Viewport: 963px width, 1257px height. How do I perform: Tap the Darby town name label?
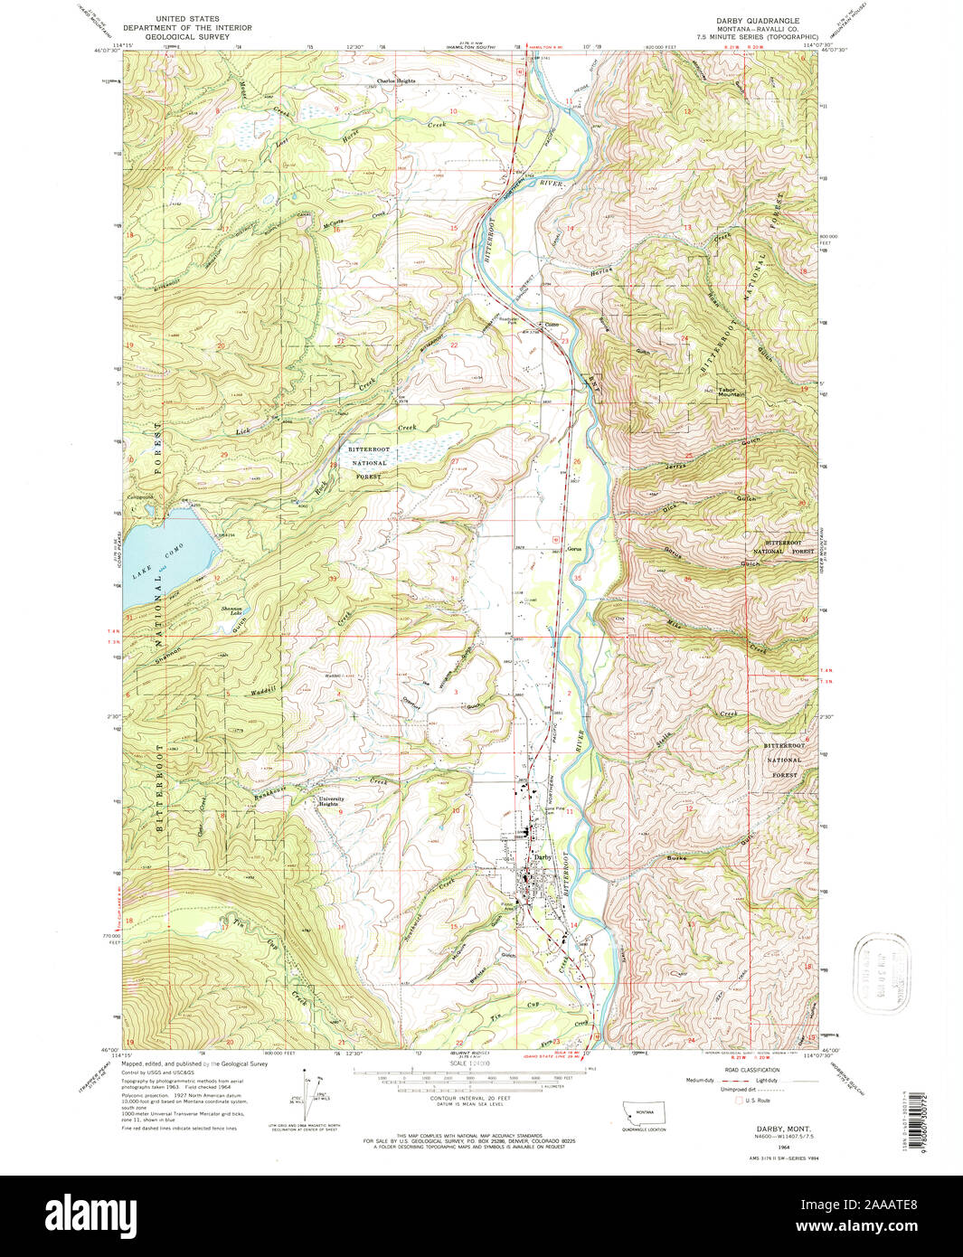coord(542,856)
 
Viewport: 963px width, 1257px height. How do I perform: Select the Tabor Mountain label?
coord(732,391)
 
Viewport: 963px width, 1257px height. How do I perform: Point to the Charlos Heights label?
coord(396,80)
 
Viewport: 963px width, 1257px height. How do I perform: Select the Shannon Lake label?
coord(232,610)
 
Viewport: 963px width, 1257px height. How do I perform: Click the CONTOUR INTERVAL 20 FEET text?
coord(480,1100)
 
